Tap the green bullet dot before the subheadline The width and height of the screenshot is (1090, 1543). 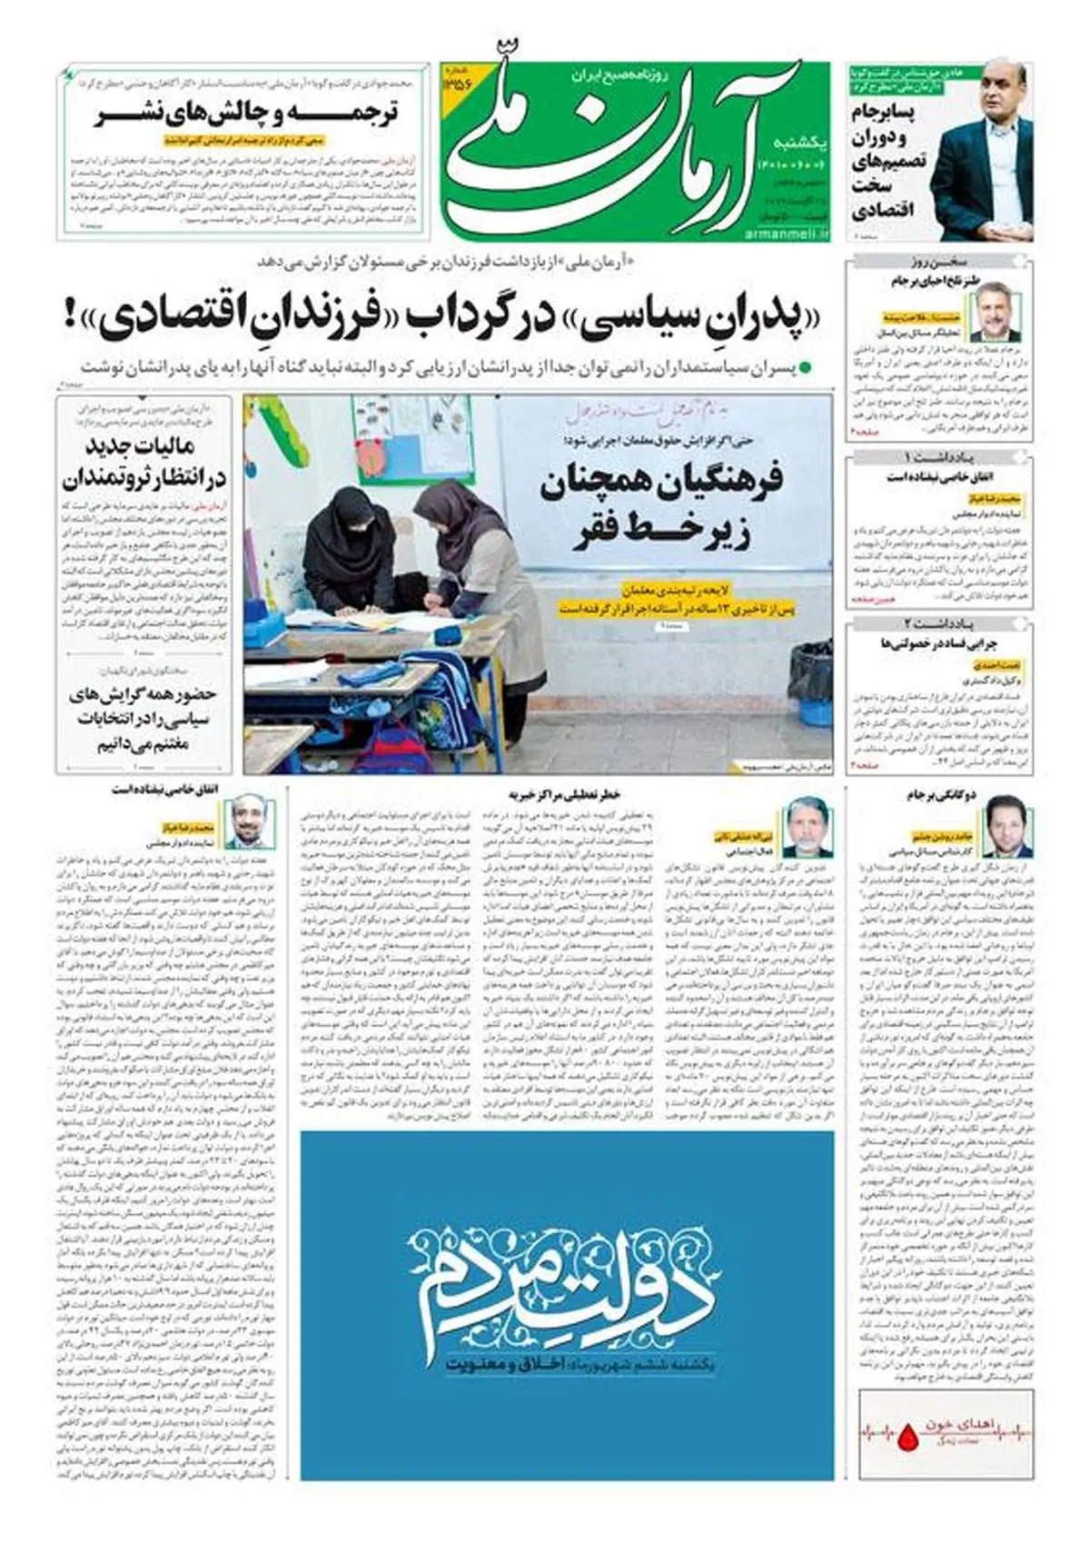(815, 368)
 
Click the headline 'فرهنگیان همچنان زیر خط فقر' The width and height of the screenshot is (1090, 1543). (661, 509)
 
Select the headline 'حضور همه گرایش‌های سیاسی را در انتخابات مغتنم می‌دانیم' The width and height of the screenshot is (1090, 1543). (144, 718)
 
